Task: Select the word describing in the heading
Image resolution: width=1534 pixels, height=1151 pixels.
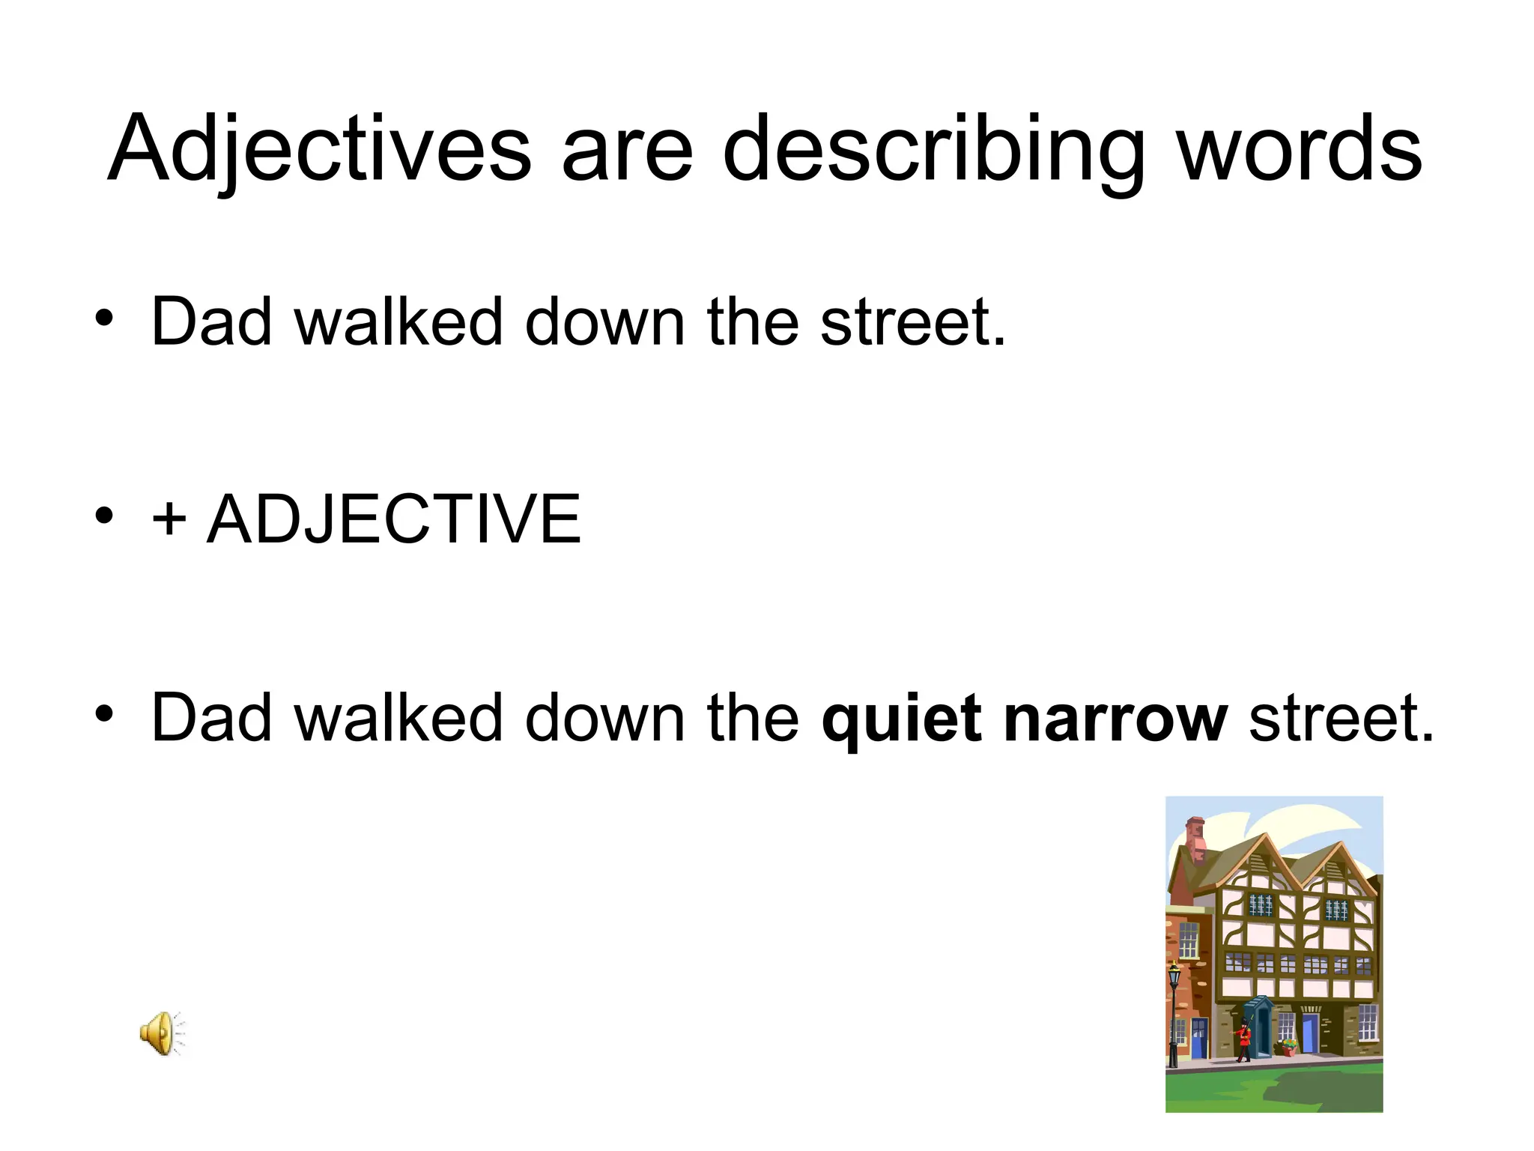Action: [x=933, y=148]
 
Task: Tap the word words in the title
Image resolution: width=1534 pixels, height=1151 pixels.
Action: [x=1300, y=148]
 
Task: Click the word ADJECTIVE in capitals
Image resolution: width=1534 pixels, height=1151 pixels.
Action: [x=394, y=519]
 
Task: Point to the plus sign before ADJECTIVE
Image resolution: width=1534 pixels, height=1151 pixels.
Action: [x=169, y=519]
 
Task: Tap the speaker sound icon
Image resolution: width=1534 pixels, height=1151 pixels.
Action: [x=162, y=1033]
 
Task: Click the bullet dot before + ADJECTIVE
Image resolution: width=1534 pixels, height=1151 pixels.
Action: [x=104, y=515]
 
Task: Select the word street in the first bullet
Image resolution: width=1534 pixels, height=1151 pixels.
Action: [x=912, y=322]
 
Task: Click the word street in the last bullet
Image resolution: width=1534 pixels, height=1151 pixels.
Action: [x=1341, y=718]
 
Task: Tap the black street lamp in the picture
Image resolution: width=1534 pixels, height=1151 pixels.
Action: [x=1174, y=1012]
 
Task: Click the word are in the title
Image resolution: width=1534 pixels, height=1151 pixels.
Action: [x=627, y=148]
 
